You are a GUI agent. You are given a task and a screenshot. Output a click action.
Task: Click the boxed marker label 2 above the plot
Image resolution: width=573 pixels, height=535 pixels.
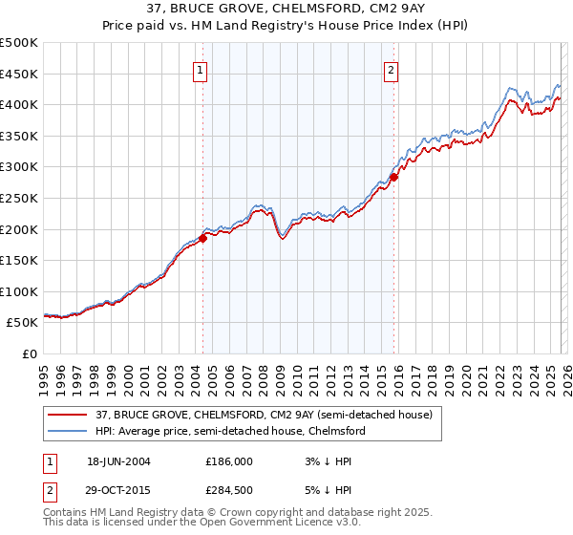pyautogui.click(x=393, y=69)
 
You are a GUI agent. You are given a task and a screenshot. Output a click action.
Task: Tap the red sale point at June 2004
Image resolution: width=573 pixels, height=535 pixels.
pyautogui.click(x=202, y=239)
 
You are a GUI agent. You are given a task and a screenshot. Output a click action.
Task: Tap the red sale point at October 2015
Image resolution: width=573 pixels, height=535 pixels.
pyautogui.click(x=393, y=177)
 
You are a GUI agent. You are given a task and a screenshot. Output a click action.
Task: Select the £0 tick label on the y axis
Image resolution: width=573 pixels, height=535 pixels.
pyautogui.click(x=30, y=353)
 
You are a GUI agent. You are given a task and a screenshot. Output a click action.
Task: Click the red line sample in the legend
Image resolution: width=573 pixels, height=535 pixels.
pyautogui.click(x=69, y=415)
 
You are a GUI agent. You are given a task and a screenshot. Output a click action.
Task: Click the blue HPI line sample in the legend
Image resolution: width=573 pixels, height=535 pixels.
pyautogui.click(x=69, y=431)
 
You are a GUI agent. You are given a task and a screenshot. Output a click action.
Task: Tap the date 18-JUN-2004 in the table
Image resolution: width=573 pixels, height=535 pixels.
pyautogui.click(x=118, y=460)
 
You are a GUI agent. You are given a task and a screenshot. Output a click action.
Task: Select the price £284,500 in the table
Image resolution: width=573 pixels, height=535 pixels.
pyautogui.click(x=229, y=491)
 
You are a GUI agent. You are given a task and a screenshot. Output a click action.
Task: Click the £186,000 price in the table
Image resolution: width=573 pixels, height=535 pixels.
pyautogui.click(x=229, y=460)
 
